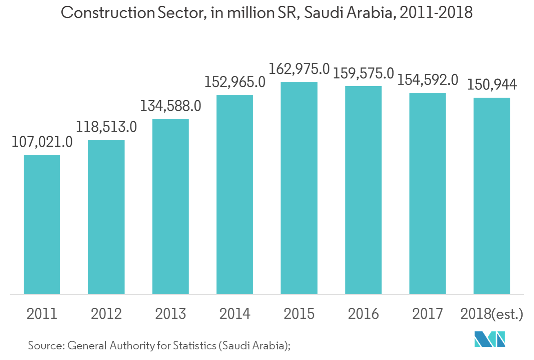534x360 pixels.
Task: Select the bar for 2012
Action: [106, 217]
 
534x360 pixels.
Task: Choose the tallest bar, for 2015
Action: [299, 188]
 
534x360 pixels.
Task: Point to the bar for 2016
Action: [363, 190]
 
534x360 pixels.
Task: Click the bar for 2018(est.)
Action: [492, 196]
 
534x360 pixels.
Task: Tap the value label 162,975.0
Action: [299, 69]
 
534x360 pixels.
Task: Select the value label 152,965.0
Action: [235, 82]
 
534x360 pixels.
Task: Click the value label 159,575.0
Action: [363, 74]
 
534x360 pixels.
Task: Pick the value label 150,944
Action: [492, 85]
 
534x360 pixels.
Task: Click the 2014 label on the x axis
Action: [235, 314]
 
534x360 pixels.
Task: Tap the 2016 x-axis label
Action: [363, 314]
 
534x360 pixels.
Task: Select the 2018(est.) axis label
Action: [492, 314]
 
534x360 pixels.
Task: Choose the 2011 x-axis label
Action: [42, 314]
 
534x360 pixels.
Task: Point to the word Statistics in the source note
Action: [194, 346]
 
